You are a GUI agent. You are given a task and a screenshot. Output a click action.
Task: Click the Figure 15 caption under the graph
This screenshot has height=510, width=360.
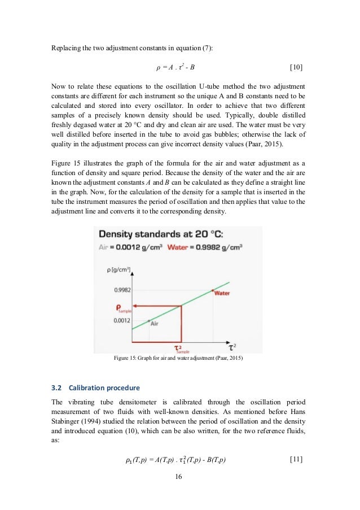point(178,359)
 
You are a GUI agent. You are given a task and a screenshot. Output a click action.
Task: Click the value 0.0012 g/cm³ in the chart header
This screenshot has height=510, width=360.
point(141,246)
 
